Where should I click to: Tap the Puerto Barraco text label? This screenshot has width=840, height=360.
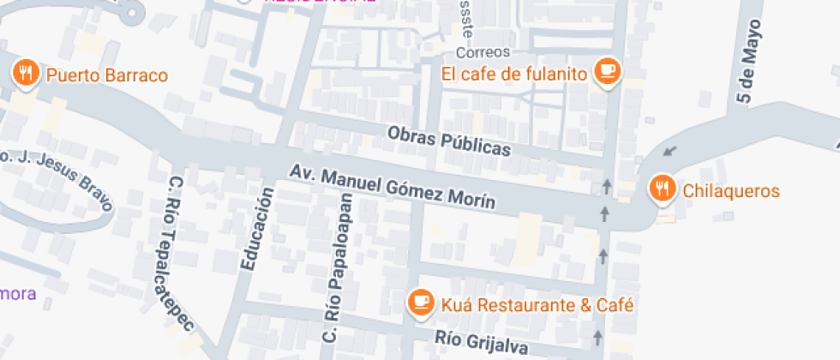(x=106, y=75)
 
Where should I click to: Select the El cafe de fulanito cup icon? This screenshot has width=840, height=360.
(x=609, y=71)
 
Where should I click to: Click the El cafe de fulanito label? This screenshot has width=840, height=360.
(x=514, y=75)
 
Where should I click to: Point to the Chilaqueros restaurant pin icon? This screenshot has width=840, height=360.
(x=662, y=188)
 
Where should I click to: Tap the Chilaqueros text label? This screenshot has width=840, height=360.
(x=730, y=190)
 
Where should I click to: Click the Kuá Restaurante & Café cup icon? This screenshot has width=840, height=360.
(x=420, y=302)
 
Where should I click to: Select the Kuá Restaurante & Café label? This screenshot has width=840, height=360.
(x=537, y=304)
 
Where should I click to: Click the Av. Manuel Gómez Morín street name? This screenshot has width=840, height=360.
(x=392, y=186)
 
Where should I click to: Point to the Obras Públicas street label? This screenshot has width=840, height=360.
(x=448, y=141)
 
